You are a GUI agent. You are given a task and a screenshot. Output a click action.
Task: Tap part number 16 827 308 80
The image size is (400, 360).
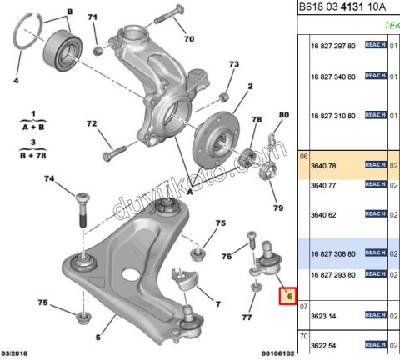(332, 253)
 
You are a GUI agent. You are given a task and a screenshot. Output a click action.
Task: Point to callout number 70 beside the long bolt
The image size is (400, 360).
(188, 39)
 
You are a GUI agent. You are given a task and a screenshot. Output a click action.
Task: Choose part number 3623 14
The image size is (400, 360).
(322, 316)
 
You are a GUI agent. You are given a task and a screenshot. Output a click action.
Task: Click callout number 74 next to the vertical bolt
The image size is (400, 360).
(49, 179)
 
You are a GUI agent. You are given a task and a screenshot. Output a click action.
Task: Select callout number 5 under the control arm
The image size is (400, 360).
(97, 337)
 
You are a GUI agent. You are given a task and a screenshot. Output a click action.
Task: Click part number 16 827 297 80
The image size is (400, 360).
(332, 46)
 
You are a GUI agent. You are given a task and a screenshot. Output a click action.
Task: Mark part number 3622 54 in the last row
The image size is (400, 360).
(322, 345)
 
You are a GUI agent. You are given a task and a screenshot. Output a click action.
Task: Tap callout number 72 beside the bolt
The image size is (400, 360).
(93, 124)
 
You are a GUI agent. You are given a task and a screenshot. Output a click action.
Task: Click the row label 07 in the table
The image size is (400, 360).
(303, 305)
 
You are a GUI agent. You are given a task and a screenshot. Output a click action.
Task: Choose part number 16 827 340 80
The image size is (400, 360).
(332, 77)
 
